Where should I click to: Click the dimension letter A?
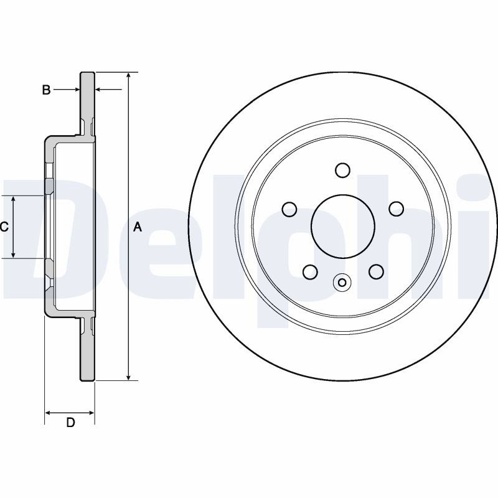pyautogui.click(x=137, y=227)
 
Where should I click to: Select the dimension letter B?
pyautogui.click(x=46, y=90)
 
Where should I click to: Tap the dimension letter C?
pyautogui.click(x=4, y=227)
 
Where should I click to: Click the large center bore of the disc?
pyautogui.click(x=343, y=227)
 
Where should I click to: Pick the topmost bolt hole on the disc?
pyautogui.click(x=343, y=170)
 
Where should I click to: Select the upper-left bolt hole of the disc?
pyautogui.click(x=289, y=209)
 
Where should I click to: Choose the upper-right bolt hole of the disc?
pyautogui.click(x=397, y=209)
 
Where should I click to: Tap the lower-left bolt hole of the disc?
pyautogui.click(x=310, y=272)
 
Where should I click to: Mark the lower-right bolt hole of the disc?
pyautogui.click(x=376, y=272)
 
